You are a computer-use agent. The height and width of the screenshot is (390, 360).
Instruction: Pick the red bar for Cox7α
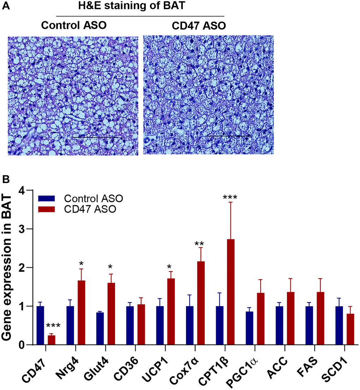(x=200, y=303)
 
